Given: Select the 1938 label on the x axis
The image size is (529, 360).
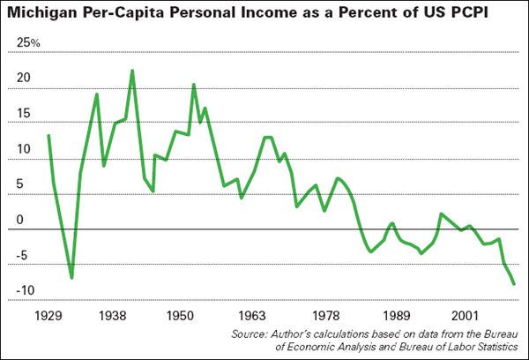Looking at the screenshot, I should click(110, 315).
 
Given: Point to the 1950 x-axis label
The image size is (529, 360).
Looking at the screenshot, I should click(179, 315).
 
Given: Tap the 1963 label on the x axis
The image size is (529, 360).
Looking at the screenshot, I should click(252, 315).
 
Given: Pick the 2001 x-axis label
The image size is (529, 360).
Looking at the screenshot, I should click(464, 315).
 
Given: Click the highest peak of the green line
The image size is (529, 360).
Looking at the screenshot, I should click(132, 71).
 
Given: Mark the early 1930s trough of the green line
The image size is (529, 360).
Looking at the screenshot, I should click(71, 278).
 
